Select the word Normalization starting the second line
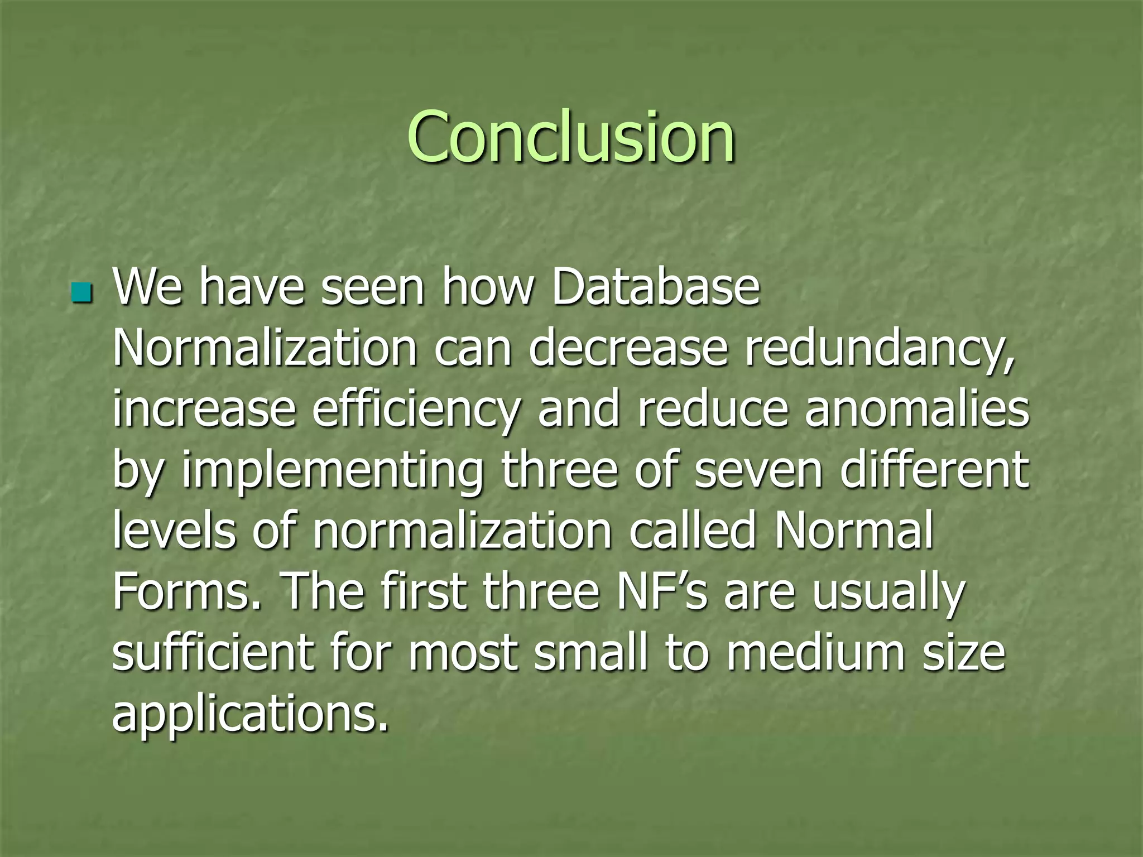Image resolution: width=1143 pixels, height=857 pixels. point(265,348)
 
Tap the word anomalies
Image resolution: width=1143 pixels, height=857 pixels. point(916,409)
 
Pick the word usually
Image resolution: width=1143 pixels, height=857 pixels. point(887,593)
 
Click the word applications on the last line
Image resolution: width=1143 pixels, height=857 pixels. point(249,715)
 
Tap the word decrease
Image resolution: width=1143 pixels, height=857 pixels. point(628,348)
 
